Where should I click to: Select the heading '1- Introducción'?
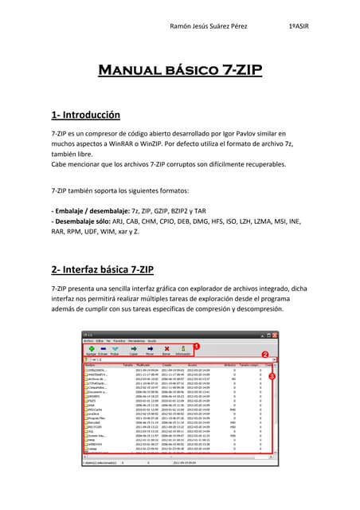(85, 115)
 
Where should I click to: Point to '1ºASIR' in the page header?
(299, 26)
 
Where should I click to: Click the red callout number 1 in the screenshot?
(196, 347)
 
